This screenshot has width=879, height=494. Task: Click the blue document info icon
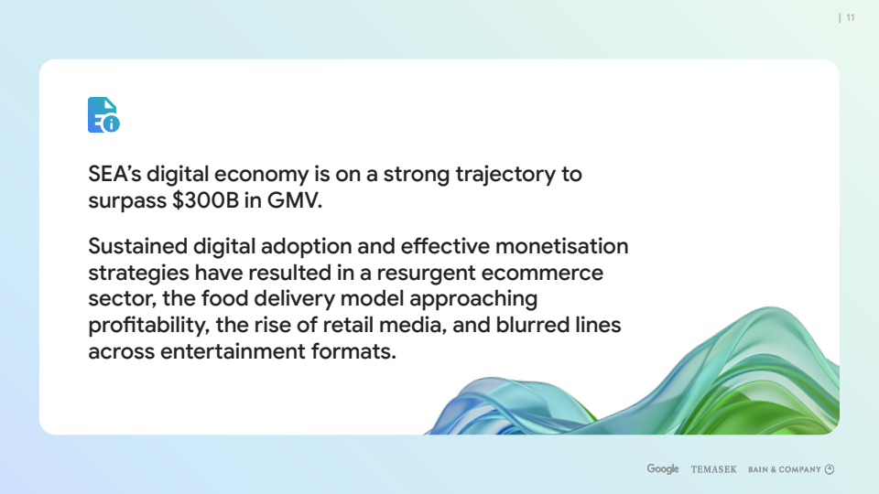pos(103,115)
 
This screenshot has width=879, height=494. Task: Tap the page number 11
pos(851,18)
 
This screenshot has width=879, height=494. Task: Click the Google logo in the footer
pos(663,468)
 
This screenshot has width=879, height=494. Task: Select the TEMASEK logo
pos(713,469)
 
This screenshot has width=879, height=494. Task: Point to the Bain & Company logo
pos(791,469)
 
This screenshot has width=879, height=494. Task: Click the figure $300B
pos(206,200)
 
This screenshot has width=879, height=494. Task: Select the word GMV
pos(295,200)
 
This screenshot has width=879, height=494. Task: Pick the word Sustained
pos(138,246)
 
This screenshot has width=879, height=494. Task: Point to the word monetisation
pos(561,246)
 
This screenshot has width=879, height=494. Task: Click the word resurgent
pos(426,274)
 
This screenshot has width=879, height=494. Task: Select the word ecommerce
pos(542,274)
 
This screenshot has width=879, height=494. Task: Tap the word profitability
pos(148,326)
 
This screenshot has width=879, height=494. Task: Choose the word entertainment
pos(233,351)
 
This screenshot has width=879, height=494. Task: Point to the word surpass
pos(127,201)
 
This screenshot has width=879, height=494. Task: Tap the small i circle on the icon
pos(112,124)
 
